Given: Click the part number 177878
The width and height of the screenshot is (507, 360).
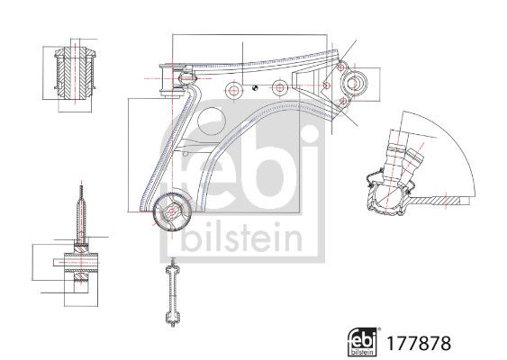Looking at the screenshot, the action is point(419,343).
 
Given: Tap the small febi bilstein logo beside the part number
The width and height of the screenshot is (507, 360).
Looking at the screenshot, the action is point(362,342).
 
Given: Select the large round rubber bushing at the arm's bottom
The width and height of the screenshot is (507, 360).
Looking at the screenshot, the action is point(172,211).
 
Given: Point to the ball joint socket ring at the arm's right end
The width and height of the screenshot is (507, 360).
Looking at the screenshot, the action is point(355,84).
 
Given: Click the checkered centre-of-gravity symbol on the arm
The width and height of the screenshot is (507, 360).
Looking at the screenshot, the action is point(255,87).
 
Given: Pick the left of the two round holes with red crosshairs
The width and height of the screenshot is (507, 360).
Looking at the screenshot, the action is point(233,90).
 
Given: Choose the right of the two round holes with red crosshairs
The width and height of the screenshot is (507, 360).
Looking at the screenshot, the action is point(280,87).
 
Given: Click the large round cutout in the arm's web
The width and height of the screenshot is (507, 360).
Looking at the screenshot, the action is point(212,122).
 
